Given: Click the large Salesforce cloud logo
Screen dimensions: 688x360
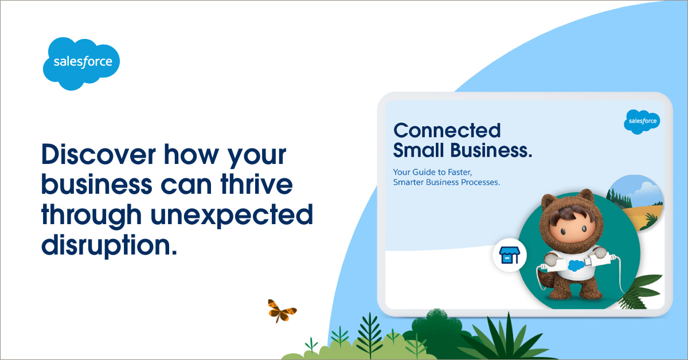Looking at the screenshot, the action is coord(81,64).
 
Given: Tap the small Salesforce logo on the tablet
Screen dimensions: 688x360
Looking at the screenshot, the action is coord(642,122).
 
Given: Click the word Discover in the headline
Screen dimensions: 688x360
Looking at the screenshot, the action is coord(99,154).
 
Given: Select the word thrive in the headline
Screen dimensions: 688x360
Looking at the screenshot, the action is coord(257,184).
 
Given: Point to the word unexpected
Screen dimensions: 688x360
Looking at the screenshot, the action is coord(232,216).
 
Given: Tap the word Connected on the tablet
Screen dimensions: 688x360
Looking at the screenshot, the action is coord(447,130).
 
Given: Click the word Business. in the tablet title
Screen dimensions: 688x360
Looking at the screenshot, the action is coord(491,150).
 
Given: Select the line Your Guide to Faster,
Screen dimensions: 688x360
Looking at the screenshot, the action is coord(432,172).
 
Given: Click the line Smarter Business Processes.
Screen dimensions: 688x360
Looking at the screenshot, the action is coord(447,182).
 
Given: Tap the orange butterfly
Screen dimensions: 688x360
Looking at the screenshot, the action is coord(282,311).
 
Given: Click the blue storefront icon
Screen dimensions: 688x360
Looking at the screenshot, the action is coord(510,255).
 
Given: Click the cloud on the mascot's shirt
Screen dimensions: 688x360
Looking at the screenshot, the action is coord(576,265).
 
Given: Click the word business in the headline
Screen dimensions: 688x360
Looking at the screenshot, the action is coord(97,184).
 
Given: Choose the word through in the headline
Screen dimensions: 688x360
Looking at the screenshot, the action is coord(92,216).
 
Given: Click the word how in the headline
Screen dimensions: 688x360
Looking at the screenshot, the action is coord(191,154).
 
